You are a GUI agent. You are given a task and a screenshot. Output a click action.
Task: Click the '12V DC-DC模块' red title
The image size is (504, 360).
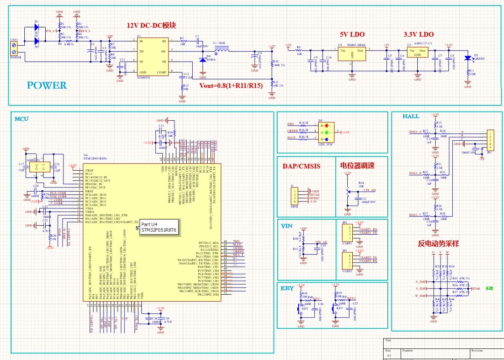coord(152,25)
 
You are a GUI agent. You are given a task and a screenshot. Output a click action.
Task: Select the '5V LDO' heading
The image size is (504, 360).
coord(352,35)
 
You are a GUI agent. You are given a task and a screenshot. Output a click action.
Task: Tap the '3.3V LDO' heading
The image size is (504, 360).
coord(418,35)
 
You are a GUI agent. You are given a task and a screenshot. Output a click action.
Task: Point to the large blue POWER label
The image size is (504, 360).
coord(47,85)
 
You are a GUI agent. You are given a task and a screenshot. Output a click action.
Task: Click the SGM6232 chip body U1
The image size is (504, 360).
coord(152,56)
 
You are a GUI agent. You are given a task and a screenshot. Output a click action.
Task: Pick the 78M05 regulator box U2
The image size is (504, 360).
coord(352,53)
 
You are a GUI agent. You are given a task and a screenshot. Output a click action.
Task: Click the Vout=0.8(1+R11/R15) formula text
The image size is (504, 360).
coord(231,86)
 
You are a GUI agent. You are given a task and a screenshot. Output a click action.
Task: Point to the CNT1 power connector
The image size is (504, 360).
coord(14,49)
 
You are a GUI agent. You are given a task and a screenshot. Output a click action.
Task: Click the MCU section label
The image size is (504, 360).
coord(21,119)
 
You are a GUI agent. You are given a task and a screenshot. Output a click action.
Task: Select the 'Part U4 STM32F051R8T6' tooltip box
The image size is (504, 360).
coord(159,227)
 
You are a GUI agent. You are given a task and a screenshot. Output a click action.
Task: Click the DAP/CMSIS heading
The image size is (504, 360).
coord(301,166)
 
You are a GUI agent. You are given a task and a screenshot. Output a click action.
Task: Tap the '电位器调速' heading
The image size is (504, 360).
coord(357,166)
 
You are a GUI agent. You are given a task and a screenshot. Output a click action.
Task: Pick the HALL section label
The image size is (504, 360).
coord(411,116)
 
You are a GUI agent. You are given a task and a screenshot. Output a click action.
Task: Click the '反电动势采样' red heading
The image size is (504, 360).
coord(438,243)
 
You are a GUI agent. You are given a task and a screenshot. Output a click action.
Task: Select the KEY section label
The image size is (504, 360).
coord(287,288)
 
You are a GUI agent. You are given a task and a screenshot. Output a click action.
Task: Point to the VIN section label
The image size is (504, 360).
coord(287,226)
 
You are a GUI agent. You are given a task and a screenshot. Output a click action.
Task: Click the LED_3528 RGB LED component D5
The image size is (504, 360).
coord(327,132)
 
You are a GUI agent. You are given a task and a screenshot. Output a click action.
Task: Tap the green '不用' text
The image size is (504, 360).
coord(489,288)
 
